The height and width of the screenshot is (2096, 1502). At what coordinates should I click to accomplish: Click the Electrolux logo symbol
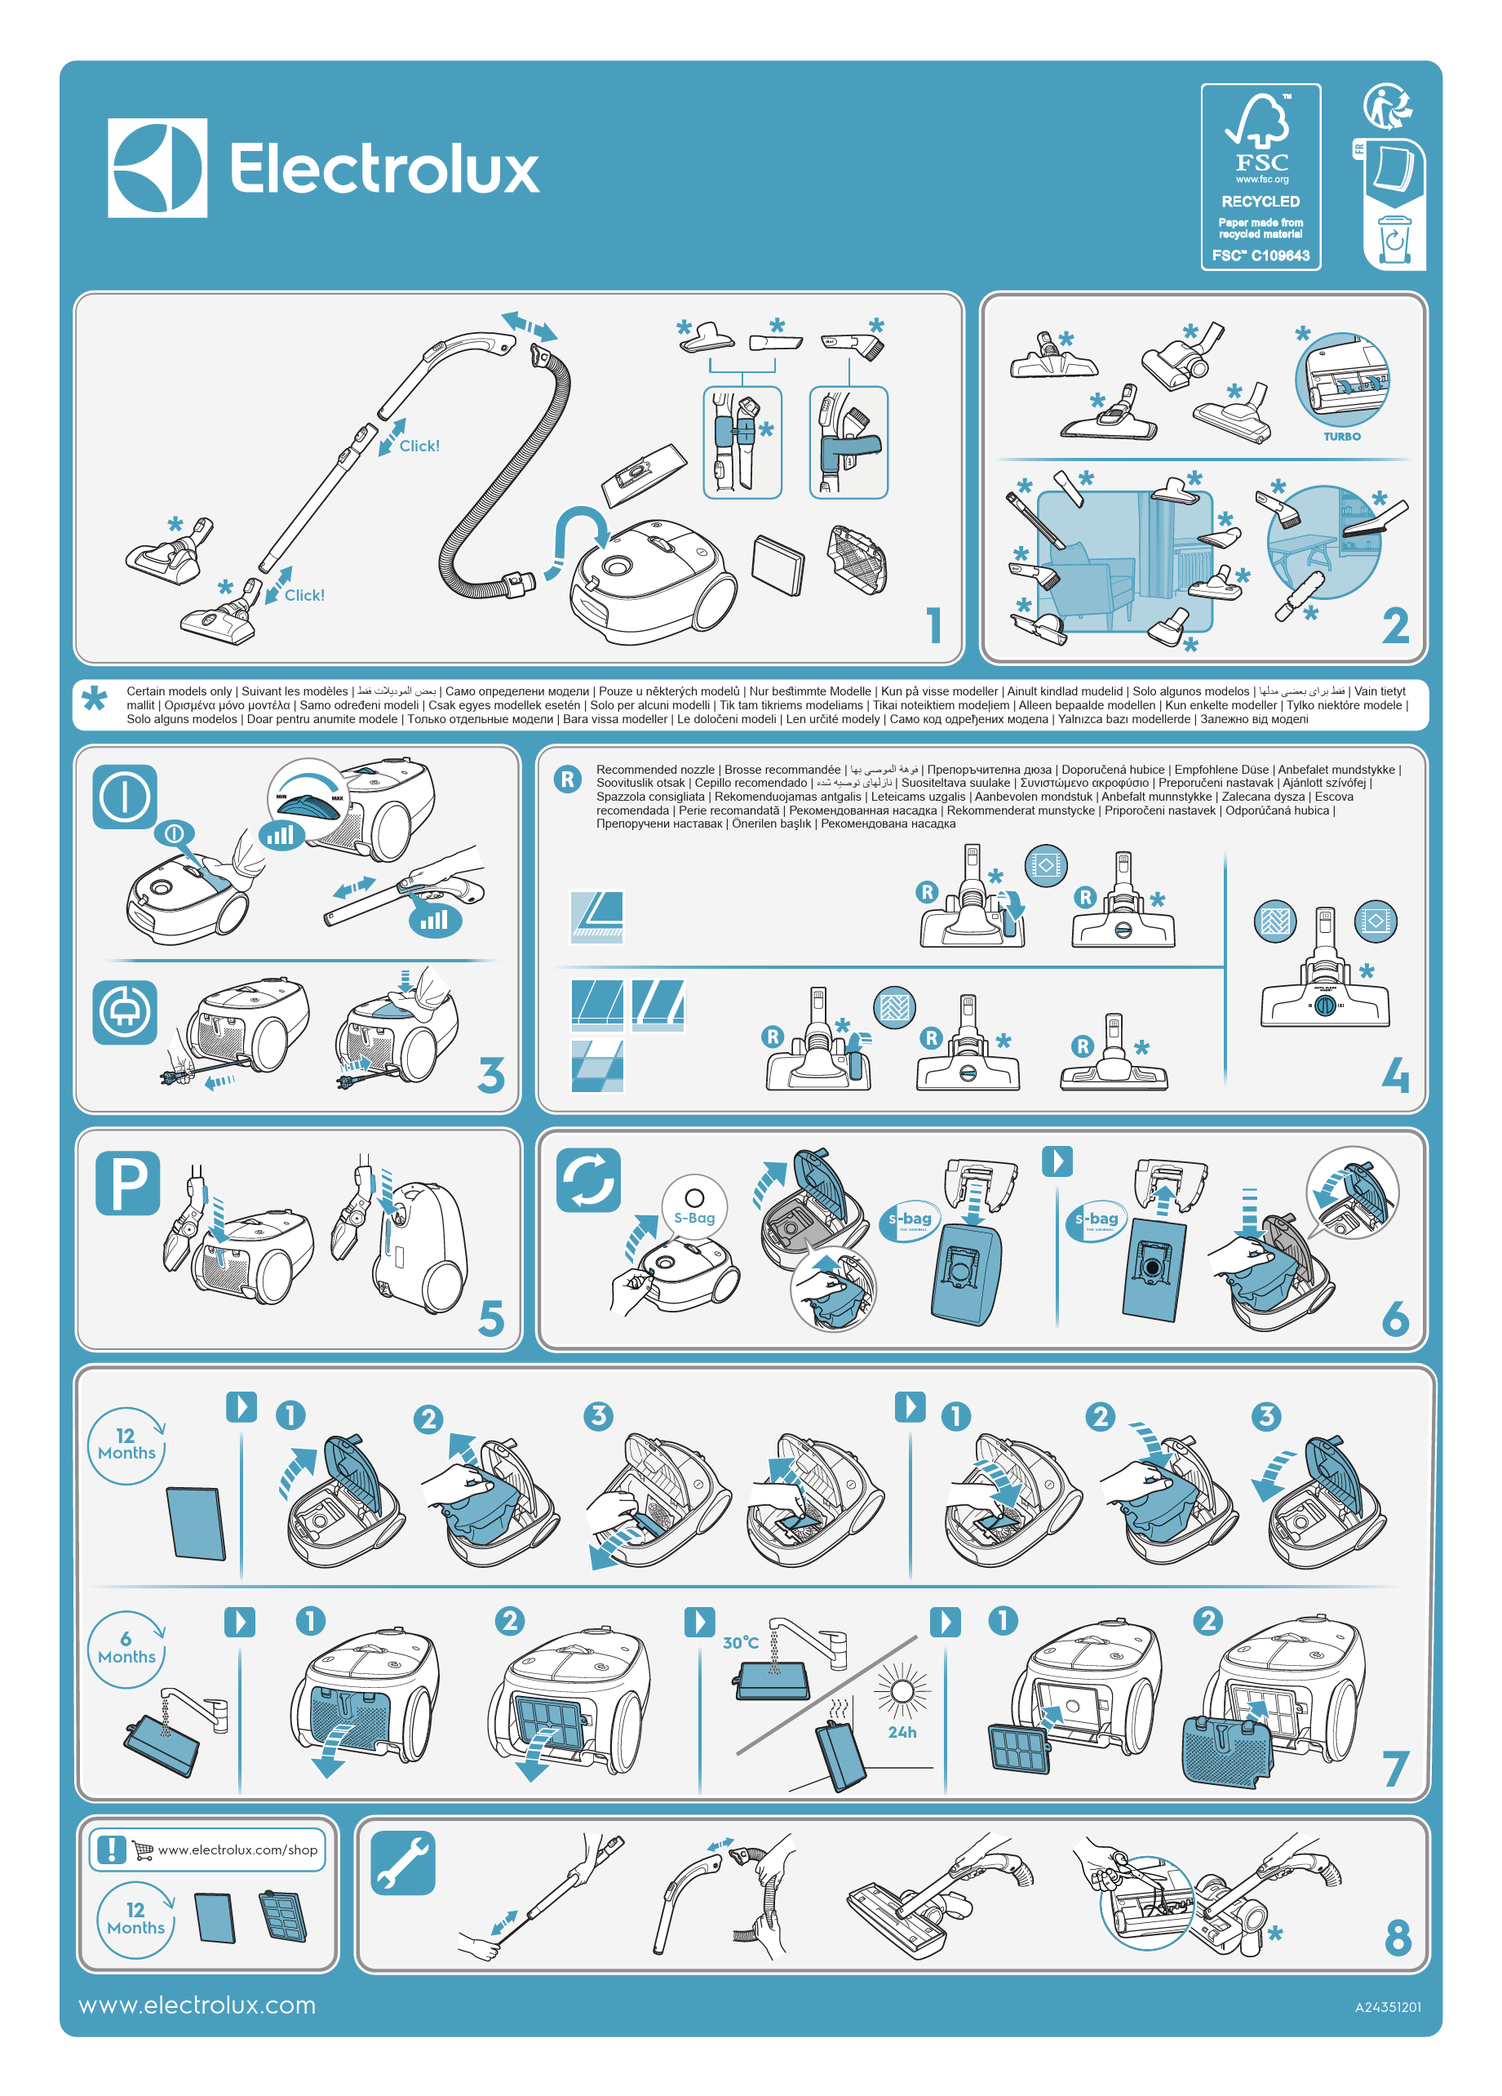click(x=157, y=168)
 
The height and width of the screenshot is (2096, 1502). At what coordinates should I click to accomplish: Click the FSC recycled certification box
click(x=1259, y=176)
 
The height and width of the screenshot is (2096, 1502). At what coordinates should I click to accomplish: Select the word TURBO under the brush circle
click(x=1341, y=436)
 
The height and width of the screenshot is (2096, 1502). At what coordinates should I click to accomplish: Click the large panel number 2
click(x=1395, y=626)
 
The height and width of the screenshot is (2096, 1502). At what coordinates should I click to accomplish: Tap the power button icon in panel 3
click(x=125, y=797)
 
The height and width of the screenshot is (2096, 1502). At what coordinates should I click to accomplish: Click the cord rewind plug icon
click(x=125, y=1012)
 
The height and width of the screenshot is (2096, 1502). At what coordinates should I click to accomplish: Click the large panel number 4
click(x=1395, y=1075)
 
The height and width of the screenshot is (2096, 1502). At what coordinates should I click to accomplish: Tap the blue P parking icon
click(x=127, y=1183)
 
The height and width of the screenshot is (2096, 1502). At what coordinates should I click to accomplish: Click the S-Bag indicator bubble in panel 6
click(x=693, y=1208)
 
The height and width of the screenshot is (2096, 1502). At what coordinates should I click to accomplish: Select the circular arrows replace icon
click(x=588, y=1180)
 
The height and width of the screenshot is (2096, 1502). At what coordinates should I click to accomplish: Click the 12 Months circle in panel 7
click(x=126, y=1445)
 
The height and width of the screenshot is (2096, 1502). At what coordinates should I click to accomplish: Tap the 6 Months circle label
click(x=126, y=1649)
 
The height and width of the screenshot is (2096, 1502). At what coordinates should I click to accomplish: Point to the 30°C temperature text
click(x=740, y=1643)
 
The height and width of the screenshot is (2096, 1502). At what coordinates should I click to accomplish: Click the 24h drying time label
click(x=902, y=1732)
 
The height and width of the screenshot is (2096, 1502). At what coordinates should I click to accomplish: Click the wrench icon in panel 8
click(x=403, y=1863)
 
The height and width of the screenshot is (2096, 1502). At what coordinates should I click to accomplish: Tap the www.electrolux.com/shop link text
click(x=237, y=1850)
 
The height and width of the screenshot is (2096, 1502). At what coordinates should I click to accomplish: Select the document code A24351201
click(x=1386, y=2007)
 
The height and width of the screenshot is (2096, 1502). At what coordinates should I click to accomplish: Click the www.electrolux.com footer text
click(x=197, y=2005)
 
